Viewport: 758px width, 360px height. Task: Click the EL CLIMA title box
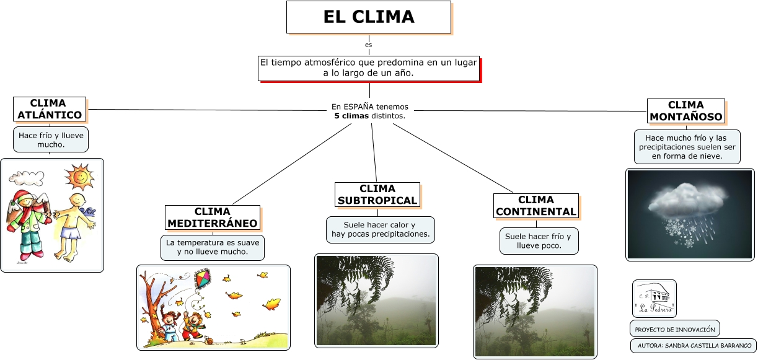[368, 17]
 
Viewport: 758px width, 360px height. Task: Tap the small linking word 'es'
[369, 45]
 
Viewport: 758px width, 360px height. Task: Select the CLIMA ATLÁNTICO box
[50, 109]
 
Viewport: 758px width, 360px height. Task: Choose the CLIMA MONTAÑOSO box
[685, 111]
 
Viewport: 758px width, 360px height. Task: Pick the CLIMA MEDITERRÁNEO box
[213, 217]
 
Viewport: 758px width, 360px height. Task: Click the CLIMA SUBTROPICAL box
[377, 195]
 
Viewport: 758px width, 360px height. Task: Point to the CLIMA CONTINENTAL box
[535, 206]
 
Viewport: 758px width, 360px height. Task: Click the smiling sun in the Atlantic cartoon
[80, 177]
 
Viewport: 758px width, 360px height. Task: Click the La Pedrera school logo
[654, 298]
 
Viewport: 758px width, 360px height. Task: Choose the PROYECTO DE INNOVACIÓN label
[674, 329]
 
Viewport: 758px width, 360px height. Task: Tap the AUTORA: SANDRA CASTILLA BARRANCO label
[693, 346]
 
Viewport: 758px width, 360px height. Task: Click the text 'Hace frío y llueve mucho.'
[51, 139]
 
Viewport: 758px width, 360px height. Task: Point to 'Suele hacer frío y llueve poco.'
[539, 241]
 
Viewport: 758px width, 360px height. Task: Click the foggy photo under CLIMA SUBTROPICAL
[376, 300]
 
